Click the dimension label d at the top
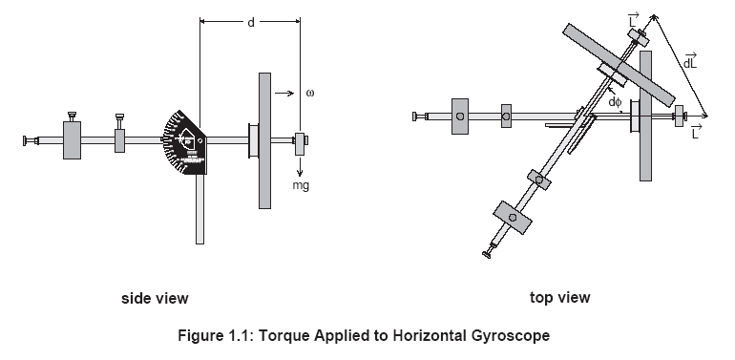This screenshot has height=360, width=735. pyautogui.click(x=251, y=22)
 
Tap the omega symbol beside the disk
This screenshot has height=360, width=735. pyautogui.click(x=310, y=93)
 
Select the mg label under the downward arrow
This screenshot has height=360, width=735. pyautogui.click(x=301, y=185)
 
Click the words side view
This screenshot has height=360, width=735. pyautogui.click(x=155, y=298)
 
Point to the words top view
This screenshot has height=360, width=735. pyautogui.click(x=559, y=297)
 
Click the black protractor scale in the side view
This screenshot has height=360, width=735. pyautogui.click(x=184, y=142)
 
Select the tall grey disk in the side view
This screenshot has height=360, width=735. pyautogui.click(x=264, y=140)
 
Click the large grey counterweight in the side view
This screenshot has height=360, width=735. pyautogui.click(x=72, y=140)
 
